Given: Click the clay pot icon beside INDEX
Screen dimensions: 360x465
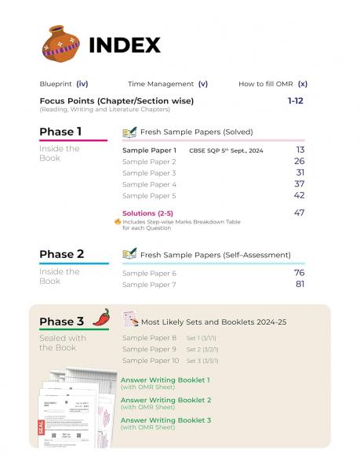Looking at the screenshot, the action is [60, 44].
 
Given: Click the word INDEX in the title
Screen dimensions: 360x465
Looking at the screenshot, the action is [125, 45].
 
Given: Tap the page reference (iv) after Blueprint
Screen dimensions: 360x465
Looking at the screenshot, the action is [82, 84].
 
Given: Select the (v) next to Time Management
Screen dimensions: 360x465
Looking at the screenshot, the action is [202, 84].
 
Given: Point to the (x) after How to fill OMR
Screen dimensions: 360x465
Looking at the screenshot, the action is [302, 84].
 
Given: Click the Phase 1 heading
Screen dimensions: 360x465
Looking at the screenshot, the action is [60, 132].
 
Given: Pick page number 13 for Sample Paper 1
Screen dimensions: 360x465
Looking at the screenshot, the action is [300, 149].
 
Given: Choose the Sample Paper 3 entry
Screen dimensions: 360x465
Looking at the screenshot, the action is [149, 173].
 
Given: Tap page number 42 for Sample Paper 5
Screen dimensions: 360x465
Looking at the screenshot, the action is [299, 195].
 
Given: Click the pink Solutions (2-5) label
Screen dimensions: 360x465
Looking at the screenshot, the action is [148, 213].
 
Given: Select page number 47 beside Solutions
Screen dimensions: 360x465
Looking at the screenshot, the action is [299, 213].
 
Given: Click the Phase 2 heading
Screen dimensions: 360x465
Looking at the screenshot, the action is [61, 254].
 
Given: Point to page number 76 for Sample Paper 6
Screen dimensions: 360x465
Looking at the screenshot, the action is [299, 272].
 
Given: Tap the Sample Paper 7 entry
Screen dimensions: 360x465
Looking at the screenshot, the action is [149, 284].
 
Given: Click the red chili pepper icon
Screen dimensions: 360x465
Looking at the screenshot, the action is [101, 317].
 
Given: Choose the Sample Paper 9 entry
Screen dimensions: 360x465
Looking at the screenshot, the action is [149, 349].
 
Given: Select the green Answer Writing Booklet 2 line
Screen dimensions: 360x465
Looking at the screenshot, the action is [165, 400].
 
